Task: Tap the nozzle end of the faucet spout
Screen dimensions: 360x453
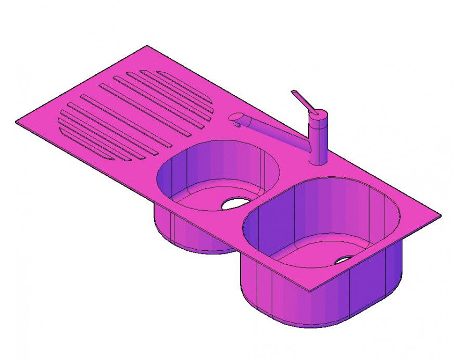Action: (235, 119)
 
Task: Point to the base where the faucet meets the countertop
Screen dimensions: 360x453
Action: (318, 161)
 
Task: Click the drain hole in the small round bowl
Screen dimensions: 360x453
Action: (236, 203)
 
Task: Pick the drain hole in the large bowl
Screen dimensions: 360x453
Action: (344, 259)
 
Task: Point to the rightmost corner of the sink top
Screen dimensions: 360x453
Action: (441, 214)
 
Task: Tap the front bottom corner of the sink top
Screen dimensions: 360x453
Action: (311, 291)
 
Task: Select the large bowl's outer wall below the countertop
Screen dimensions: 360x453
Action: (312, 307)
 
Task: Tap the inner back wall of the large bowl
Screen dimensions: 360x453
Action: (323, 208)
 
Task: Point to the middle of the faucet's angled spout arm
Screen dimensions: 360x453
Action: (276, 133)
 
